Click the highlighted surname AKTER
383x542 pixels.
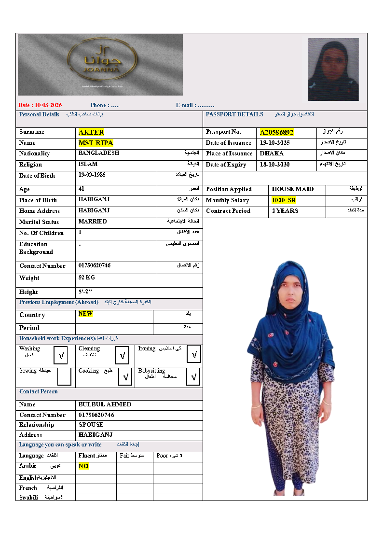[91, 132]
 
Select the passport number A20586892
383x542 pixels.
[276, 132]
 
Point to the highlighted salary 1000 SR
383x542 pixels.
[284, 200]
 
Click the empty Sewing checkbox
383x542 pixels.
[64, 376]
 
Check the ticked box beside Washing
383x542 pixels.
[61, 356]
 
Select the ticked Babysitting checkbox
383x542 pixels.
[193, 376]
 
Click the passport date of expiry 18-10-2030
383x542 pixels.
[274, 165]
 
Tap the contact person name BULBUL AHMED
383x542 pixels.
[105, 404]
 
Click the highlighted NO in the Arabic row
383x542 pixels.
[83, 467]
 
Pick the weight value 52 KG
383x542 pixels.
[87, 278]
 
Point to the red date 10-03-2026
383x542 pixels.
[41, 105]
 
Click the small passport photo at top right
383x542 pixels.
[333, 69]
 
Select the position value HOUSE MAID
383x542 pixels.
[293, 189]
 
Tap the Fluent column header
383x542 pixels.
[86, 456]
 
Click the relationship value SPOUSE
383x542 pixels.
[91, 425]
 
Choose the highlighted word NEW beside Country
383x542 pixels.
[85, 314]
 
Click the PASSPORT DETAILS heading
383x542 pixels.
[234, 114]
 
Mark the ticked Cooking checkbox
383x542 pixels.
[125, 376]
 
